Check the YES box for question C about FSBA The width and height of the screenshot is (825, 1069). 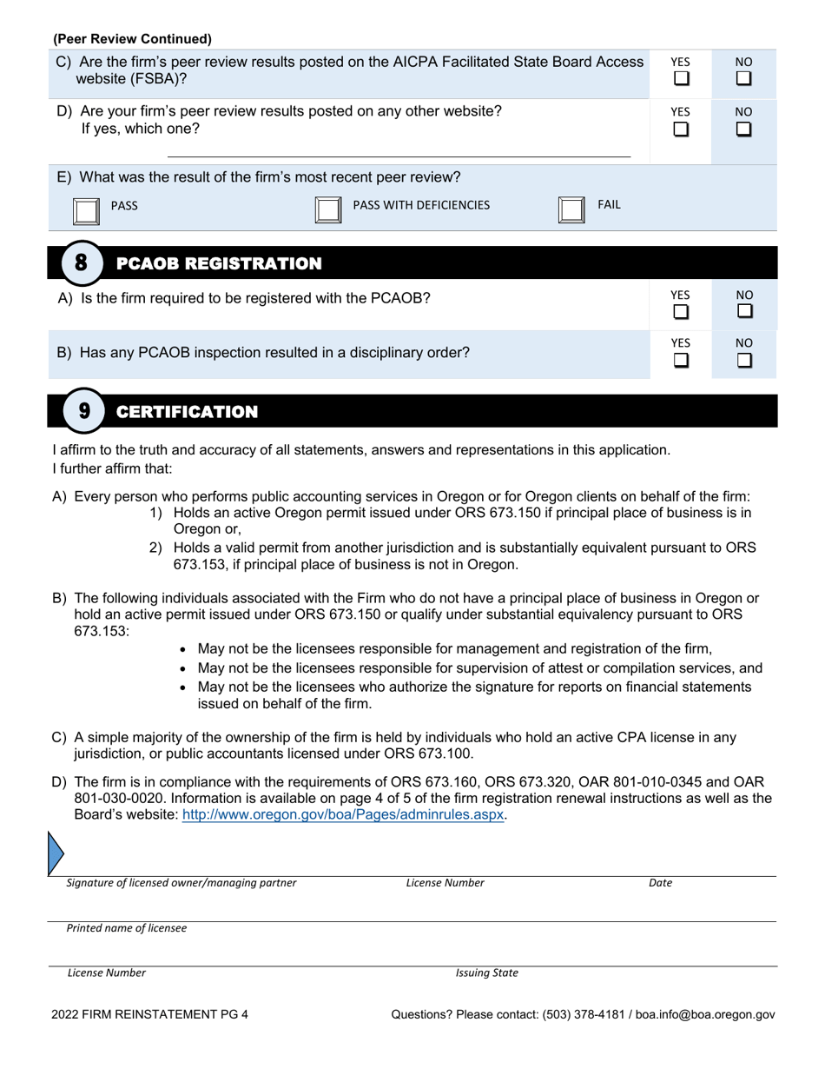tap(682, 78)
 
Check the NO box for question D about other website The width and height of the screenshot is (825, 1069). tap(744, 129)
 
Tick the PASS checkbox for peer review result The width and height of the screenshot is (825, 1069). tap(85, 210)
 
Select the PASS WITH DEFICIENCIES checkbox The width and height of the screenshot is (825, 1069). tap(327, 210)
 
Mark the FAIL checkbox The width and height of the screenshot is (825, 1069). tap(571, 210)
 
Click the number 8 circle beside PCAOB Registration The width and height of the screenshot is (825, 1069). tap(81, 262)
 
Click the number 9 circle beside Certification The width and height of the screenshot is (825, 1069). tap(83, 411)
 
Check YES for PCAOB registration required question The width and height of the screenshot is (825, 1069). tap(682, 310)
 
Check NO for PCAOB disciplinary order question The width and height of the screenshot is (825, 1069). tap(744, 359)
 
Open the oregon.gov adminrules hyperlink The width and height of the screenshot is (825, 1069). tap(342, 815)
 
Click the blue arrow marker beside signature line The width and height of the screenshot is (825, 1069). tap(55, 852)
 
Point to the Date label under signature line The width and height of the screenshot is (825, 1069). tap(660, 883)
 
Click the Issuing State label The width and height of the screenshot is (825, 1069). tap(486, 973)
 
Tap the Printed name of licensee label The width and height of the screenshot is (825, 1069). tap(127, 928)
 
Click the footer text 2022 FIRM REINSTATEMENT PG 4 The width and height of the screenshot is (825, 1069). tap(149, 1013)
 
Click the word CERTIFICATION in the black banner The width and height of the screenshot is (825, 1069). tap(187, 412)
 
